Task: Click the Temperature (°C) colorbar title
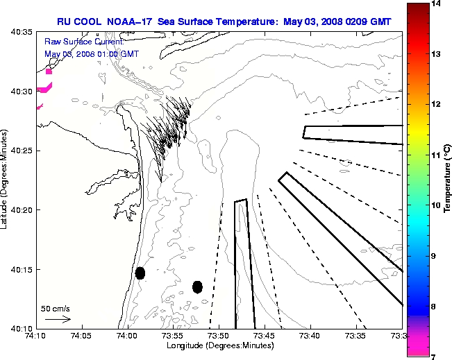pos(448,180)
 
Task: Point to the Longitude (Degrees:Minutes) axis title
pos(217,345)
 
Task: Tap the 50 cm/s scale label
pos(55,309)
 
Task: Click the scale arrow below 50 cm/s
pos(58,320)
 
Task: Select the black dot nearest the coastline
pos(140,273)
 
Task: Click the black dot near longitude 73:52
pos(198,286)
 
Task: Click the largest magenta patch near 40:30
pos(45,88)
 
